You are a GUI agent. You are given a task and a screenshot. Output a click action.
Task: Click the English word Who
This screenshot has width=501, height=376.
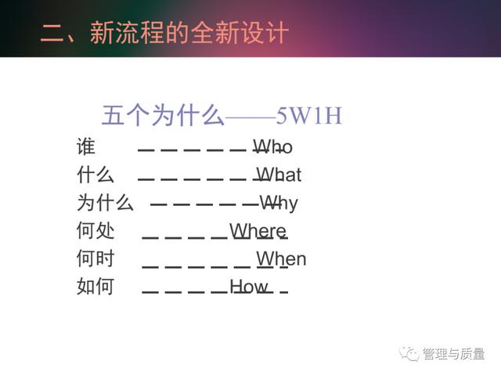273,146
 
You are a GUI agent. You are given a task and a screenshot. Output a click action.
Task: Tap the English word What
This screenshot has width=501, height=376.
279,175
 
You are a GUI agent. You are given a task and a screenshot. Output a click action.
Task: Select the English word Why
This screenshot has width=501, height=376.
279,204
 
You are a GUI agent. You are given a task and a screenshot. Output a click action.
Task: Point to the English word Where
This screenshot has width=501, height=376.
258,230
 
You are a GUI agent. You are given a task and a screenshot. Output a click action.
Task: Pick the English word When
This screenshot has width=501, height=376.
281,258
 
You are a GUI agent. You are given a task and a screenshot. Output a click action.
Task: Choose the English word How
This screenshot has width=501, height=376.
249,286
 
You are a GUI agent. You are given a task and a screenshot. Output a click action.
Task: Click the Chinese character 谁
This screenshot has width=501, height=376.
86,146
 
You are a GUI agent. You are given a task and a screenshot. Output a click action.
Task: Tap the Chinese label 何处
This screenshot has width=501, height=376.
96,230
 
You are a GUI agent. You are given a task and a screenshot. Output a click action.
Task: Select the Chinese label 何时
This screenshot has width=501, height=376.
96,258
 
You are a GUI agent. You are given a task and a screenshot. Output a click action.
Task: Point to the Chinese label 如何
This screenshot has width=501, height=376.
96,286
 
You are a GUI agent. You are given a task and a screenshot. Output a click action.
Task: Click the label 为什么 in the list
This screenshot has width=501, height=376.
105,202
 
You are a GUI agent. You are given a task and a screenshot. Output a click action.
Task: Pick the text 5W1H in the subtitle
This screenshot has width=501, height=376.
309,115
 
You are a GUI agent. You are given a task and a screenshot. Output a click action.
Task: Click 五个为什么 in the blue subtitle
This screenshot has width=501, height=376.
163,115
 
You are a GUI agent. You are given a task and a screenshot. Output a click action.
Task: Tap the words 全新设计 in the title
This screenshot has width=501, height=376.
240,32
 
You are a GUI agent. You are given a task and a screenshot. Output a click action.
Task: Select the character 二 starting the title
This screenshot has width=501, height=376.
52,33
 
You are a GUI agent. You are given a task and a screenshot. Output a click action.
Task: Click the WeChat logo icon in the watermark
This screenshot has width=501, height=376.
409,353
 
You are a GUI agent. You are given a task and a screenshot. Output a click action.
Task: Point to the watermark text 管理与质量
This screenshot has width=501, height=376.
453,353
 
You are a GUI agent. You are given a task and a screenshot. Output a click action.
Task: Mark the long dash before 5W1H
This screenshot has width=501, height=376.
250,117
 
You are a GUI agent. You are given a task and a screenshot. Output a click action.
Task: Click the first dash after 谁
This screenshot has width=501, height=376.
146,150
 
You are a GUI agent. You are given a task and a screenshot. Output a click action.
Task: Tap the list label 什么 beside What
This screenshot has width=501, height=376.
96,175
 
